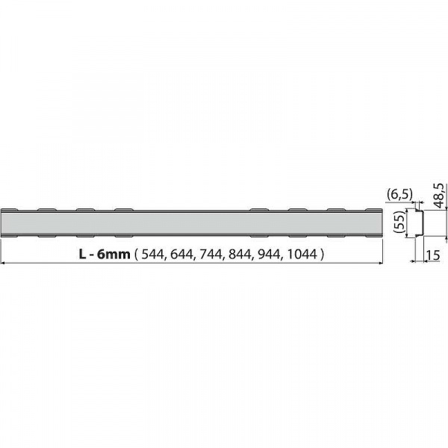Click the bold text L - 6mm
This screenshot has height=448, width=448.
105,254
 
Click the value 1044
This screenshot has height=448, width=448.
302,255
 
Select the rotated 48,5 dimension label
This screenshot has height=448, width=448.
439,195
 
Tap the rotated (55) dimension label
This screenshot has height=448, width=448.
400,222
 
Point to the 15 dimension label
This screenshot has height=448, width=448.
433,255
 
